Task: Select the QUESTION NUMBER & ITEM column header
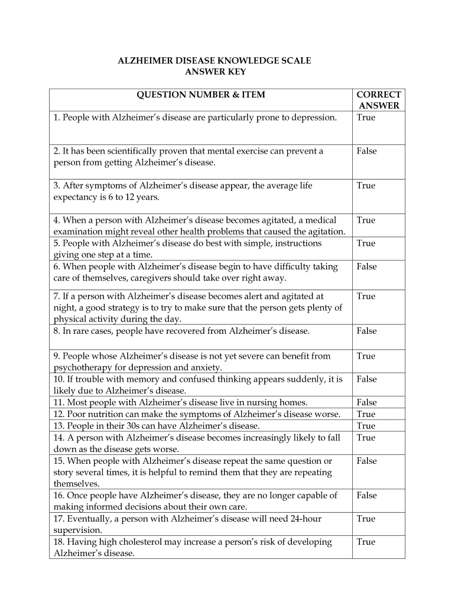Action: pos(201,95)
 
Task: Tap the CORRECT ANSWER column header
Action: pos(379,100)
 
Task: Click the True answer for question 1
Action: pos(366,118)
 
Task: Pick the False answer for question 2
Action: pos(366,151)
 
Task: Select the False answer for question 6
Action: pos(366,266)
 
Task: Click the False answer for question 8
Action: pos(366,331)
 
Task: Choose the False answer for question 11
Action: pos(366,402)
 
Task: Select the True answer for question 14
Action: pos(366,438)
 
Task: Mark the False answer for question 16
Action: pos(366,496)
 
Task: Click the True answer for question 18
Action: pos(366,542)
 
